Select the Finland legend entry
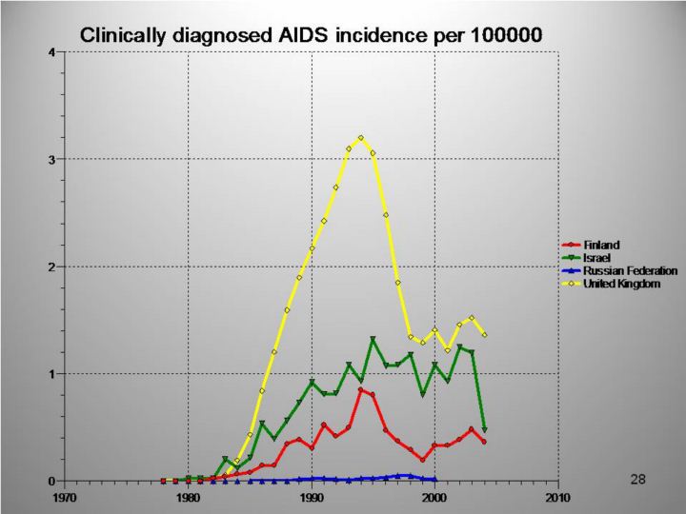pyautogui.click(x=601, y=246)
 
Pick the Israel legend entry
pyautogui.click(x=596, y=258)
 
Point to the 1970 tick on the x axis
pyautogui.click(x=65, y=497)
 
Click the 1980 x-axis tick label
pyautogui.click(x=189, y=497)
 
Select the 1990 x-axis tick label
pyautogui.click(x=312, y=497)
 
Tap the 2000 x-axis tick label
pyautogui.click(x=434, y=497)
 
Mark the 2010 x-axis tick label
pyautogui.click(x=557, y=497)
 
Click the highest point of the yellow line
pyautogui.click(x=360, y=138)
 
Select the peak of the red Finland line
pyautogui.click(x=361, y=389)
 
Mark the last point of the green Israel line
pyautogui.click(x=484, y=430)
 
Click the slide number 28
pyautogui.click(x=638, y=479)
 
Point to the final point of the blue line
pyautogui.click(x=434, y=480)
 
